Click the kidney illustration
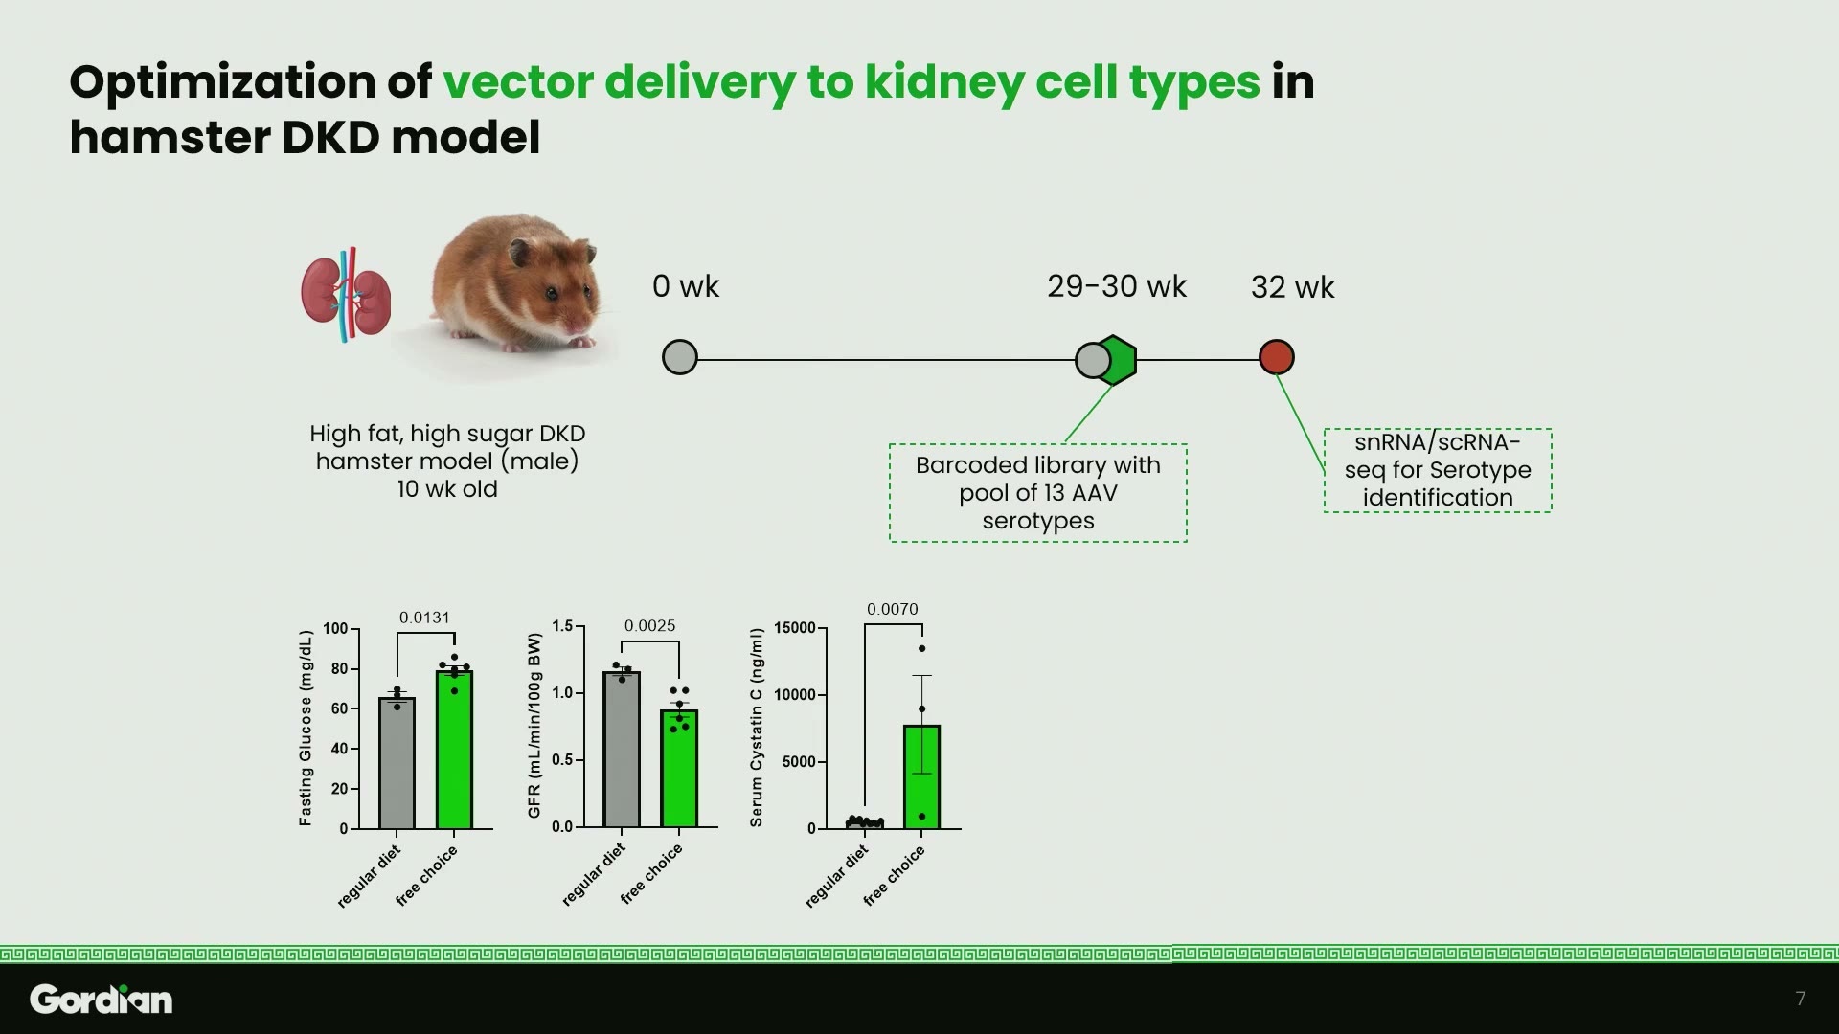point(346,294)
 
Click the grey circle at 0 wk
point(680,358)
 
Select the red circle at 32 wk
point(1276,357)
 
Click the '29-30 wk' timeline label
point(1117,286)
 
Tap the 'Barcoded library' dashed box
point(1038,493)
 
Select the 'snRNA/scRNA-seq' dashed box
point(1438,470)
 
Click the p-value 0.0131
point(424,618)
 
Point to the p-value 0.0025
point(649,625)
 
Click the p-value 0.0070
point(892,609)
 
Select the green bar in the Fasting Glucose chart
point(454,750)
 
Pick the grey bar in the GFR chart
point(622,750)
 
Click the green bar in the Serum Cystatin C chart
point(921,776)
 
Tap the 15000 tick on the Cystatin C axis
point(795,628)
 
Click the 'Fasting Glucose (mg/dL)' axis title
point(306,728)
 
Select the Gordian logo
point(102,999)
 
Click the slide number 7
point(1801,999)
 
